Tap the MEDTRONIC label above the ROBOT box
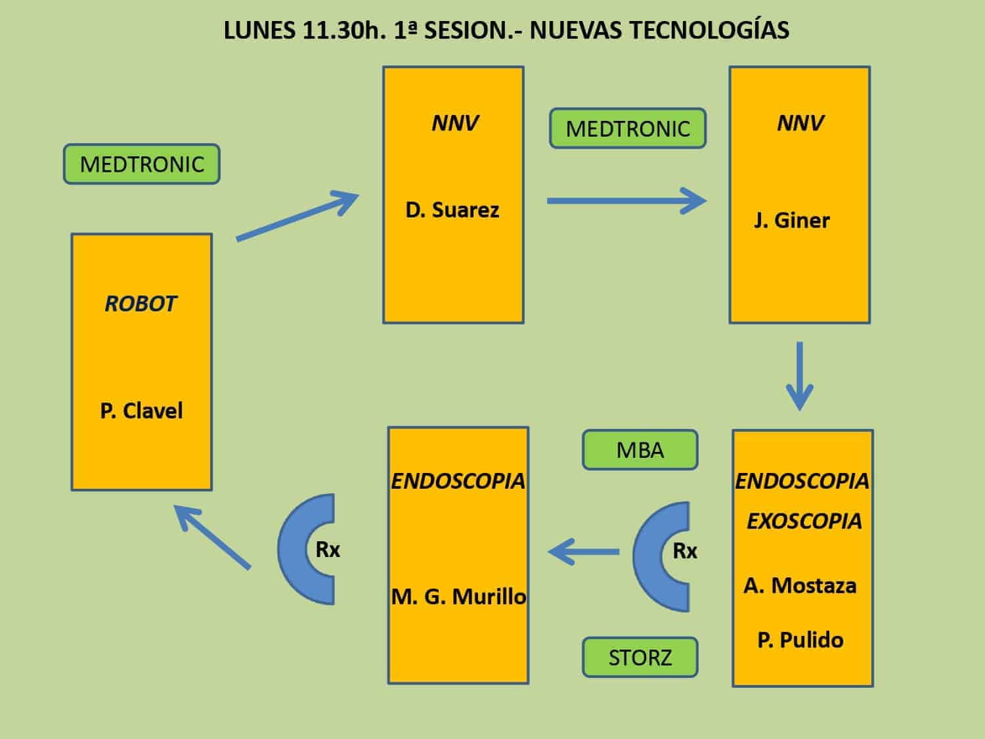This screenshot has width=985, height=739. click(142, 164)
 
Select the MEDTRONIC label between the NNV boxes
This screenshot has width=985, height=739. click(628, 128)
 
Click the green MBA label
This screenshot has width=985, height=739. click(640, 450)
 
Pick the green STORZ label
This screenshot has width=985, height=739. click(640, 658)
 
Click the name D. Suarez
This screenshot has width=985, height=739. click(452, 210)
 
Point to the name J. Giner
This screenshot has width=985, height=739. click(792, 221)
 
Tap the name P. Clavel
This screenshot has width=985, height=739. click(141, 411)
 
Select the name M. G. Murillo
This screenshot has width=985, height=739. click(458, 596)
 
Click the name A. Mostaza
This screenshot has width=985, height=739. click(800, 585)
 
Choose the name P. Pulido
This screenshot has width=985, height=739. click(800, 640)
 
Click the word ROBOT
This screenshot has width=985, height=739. click(141, 303)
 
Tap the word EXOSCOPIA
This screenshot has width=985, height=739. click(804, 521)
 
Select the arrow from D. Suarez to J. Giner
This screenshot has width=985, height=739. click(627, 201)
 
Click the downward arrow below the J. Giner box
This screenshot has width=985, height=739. click(800, 376)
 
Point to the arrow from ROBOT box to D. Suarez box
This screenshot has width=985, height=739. click(297, 216)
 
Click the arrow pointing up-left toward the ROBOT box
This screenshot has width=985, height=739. click(212, 537)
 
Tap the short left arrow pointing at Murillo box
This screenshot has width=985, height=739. click(583, 551)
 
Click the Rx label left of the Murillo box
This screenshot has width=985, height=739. click(328, 550)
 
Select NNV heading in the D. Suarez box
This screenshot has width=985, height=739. click(454, 123)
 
